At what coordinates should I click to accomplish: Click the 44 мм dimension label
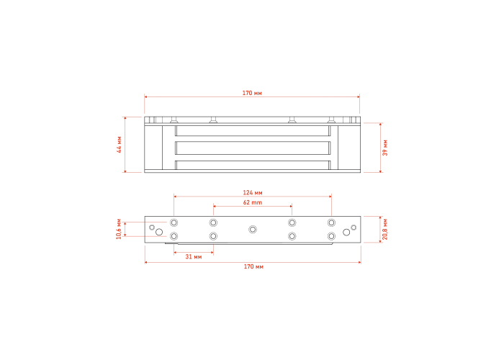point(120,145)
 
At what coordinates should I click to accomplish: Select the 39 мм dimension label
point(385,148)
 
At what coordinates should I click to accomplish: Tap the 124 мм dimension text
point(253,192)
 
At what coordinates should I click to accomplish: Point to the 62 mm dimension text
point(253,202)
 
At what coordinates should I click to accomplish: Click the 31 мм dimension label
point(194,256)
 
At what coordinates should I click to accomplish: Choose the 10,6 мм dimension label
point(119,229)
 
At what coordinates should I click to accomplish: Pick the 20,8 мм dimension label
point(385,229)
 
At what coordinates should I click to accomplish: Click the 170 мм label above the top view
point(252,93)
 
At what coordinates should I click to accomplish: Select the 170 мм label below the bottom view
point(253,266)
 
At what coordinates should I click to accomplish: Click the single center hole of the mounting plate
point(253,229)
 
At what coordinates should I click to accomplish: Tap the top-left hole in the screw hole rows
point(174,222)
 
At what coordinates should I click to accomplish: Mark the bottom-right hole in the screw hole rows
point(331,236)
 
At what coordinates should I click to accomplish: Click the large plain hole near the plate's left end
point(159,232)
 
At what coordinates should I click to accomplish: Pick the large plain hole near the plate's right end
point(346,232)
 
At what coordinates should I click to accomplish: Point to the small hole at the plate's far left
point(152,228)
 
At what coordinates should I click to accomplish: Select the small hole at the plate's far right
point(354,228)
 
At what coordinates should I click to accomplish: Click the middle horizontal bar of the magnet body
point(253,148)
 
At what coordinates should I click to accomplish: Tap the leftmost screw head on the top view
point(174,120)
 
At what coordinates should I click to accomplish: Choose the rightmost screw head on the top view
point(331,120)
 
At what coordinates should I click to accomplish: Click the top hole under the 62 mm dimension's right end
point(292,222)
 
